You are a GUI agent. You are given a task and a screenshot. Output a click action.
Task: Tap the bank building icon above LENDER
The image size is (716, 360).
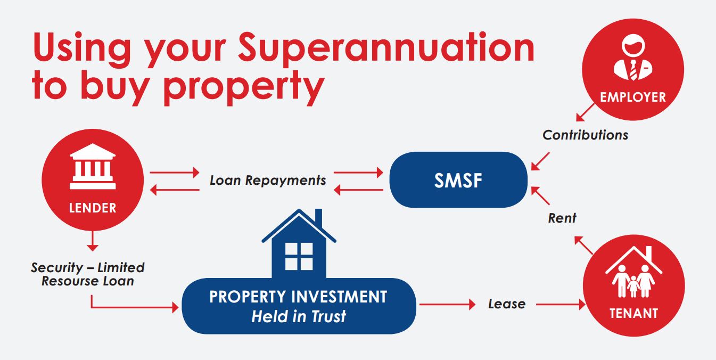[x=93, y=166]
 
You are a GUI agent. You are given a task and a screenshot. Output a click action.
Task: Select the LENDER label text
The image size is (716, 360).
[x=93, y=208]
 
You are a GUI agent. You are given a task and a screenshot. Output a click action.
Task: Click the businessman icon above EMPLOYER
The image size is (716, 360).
[x=633, y=58]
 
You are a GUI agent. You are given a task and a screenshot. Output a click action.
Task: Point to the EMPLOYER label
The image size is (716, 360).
[x=633, y=97]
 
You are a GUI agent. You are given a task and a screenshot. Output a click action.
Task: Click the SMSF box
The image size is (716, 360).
[x=458, y=180]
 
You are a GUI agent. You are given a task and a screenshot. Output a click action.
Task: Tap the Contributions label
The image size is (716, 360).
[x=585, y=135]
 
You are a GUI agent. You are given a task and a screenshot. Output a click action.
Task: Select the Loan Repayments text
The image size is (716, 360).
[x=268, y=181]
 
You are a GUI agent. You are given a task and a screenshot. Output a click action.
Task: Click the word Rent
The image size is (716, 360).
[x=562, y=218]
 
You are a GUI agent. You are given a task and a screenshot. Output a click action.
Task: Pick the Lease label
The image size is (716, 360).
[x=507, y=304]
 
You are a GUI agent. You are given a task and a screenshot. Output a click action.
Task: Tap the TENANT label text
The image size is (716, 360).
[x=634, y=313]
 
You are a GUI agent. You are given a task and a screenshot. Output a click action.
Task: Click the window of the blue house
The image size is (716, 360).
[x=299, y=256]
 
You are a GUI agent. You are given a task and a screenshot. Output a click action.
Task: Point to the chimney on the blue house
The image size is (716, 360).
[x=318, y=217]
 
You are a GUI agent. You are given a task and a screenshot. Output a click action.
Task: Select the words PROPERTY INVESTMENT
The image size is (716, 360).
[x=298, y=297]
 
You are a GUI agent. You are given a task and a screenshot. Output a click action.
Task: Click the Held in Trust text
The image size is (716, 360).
[x=299, y=316]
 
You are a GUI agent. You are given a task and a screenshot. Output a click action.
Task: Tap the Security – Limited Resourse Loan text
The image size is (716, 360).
[x=88, y=274]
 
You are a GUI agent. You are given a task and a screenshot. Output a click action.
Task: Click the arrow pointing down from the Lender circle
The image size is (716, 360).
[x=93, y=241]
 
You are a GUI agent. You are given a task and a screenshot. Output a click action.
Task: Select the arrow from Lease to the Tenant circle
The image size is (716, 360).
[x=561, y=305]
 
